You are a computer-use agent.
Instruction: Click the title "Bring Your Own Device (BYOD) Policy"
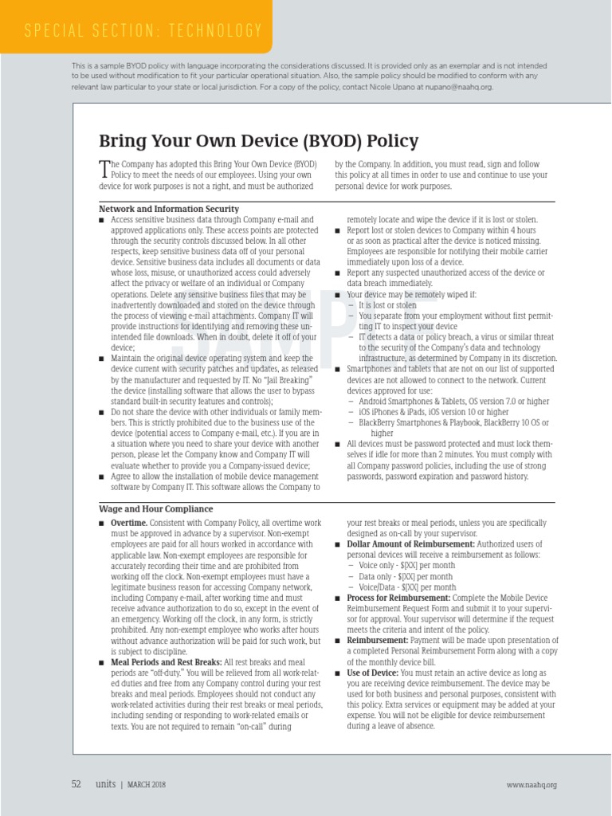point(258,141)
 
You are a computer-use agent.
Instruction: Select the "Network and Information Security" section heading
point(168,209)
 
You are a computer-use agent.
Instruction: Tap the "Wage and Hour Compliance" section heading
point(155,508)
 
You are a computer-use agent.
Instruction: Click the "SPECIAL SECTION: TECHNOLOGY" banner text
point(143,31)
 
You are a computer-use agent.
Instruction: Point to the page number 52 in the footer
point(76,784)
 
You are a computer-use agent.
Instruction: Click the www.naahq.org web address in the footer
point(532,785)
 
